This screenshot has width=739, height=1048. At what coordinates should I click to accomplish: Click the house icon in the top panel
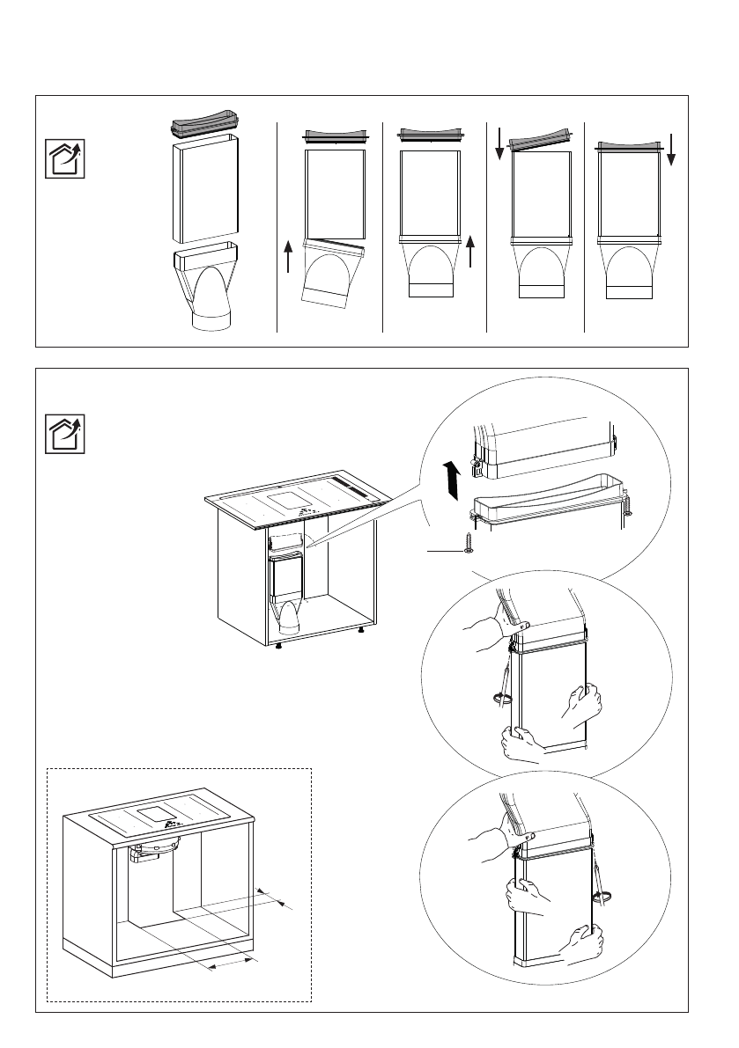[x=65, y=158]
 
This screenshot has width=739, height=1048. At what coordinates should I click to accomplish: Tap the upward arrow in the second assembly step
[x=289, y=255]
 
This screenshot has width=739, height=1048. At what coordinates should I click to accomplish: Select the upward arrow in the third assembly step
[x=472, y=250]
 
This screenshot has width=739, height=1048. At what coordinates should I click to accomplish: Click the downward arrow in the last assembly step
[x=670, y=149]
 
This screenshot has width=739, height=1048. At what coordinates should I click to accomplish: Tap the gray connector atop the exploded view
[x=204, y=124]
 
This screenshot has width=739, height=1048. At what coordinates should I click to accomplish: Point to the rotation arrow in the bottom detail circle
[x=603, y=897]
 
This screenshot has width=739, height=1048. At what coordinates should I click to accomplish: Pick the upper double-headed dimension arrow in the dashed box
[x=276, y=898]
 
